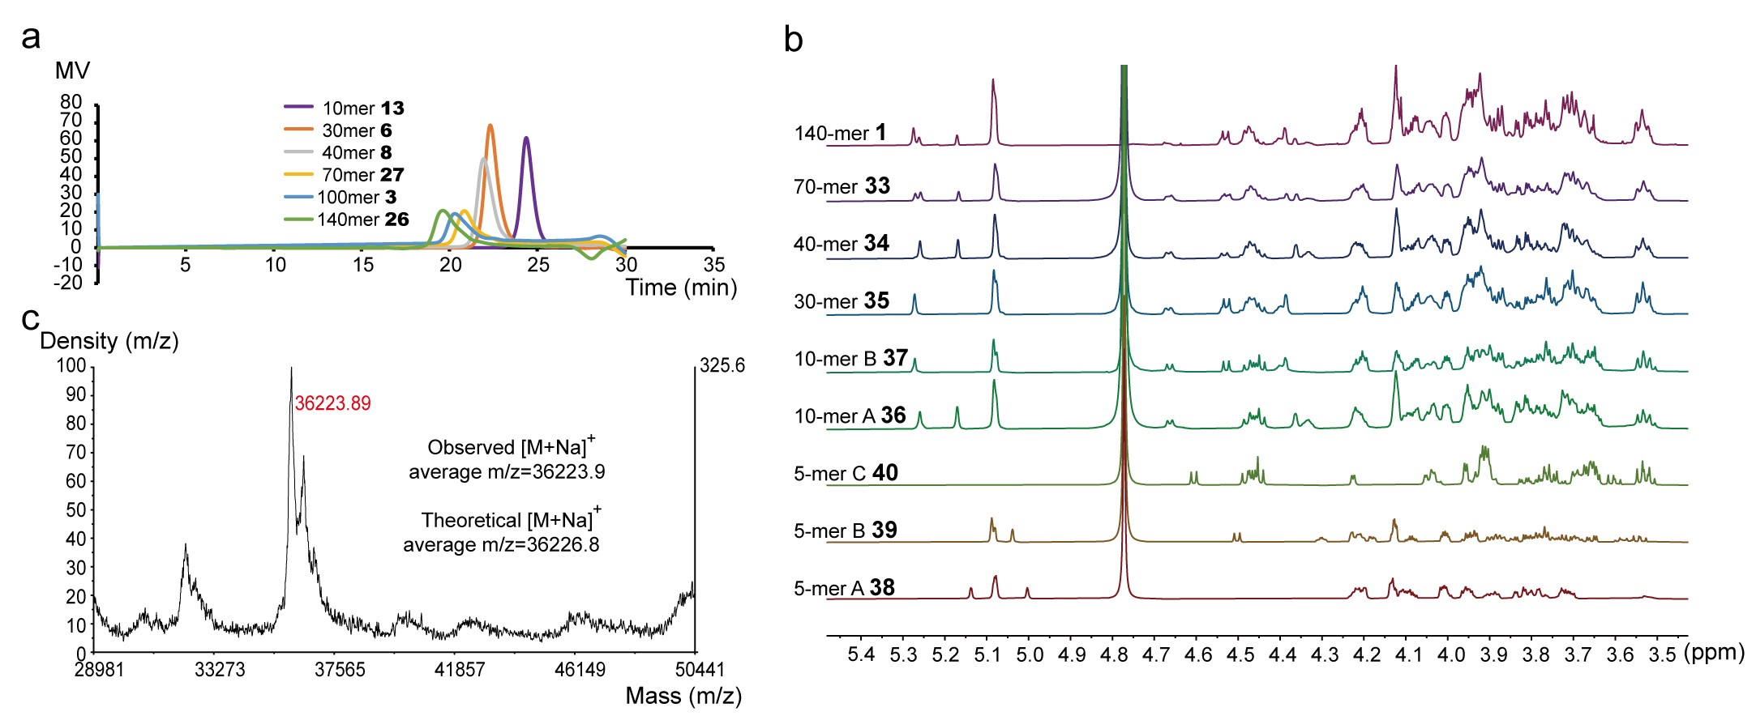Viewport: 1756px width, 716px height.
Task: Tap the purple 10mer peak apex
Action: point(526,139)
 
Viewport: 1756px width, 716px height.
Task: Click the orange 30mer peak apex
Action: point(490,126)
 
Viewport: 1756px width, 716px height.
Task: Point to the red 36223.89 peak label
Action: point(332,403)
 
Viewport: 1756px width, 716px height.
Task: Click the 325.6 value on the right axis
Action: point(722,365)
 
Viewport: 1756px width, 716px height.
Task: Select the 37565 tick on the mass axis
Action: point(340,670)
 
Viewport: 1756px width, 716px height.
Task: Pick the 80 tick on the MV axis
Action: point(71,102)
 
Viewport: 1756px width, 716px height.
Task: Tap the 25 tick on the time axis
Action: point(538,265)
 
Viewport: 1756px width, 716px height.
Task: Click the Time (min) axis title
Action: point(681,288)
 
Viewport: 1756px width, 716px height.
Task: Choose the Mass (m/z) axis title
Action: point(683,696)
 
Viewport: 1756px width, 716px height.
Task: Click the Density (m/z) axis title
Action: point(109,341)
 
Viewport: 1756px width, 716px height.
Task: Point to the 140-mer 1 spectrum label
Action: point(840,133)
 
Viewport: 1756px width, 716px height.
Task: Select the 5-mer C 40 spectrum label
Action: point(846,473)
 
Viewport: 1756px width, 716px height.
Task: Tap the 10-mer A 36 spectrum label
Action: point(850,416)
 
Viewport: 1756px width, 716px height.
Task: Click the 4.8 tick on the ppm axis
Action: point(1114,654)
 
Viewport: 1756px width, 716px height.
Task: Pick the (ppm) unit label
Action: point(1714,653)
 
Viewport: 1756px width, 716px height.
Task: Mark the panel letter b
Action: point(793,40)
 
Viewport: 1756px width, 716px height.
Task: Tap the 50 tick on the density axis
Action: point(75,510)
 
